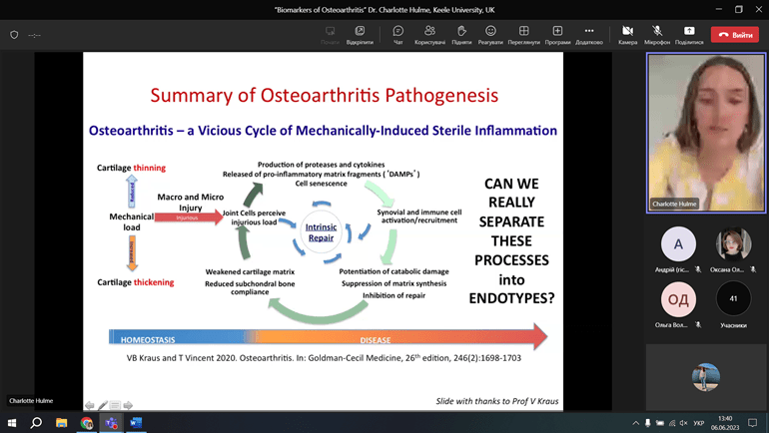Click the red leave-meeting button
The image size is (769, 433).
(x=734, y=35)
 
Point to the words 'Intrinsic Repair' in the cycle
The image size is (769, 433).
(x=321, y=233)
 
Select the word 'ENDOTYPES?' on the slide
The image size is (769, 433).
(x=511, y=297)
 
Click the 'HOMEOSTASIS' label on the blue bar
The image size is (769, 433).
(x=148, y=340)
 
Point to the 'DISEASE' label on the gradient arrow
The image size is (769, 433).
(x=376, y=340)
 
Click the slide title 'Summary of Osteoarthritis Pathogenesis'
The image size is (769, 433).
(x=324, y=96)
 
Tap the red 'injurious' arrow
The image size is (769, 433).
(x=188, y=216)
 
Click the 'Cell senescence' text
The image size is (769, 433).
(x=321, y=184)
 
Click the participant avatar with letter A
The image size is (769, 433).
(x=679, y=243)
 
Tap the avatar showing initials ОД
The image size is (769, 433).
(x=679, y=299)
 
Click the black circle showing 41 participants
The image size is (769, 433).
(x=734, y=299)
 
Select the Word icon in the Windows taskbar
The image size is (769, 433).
(x=136, y=423)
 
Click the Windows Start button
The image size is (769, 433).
(x=12, y=423)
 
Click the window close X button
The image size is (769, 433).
(x=756, y=9)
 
